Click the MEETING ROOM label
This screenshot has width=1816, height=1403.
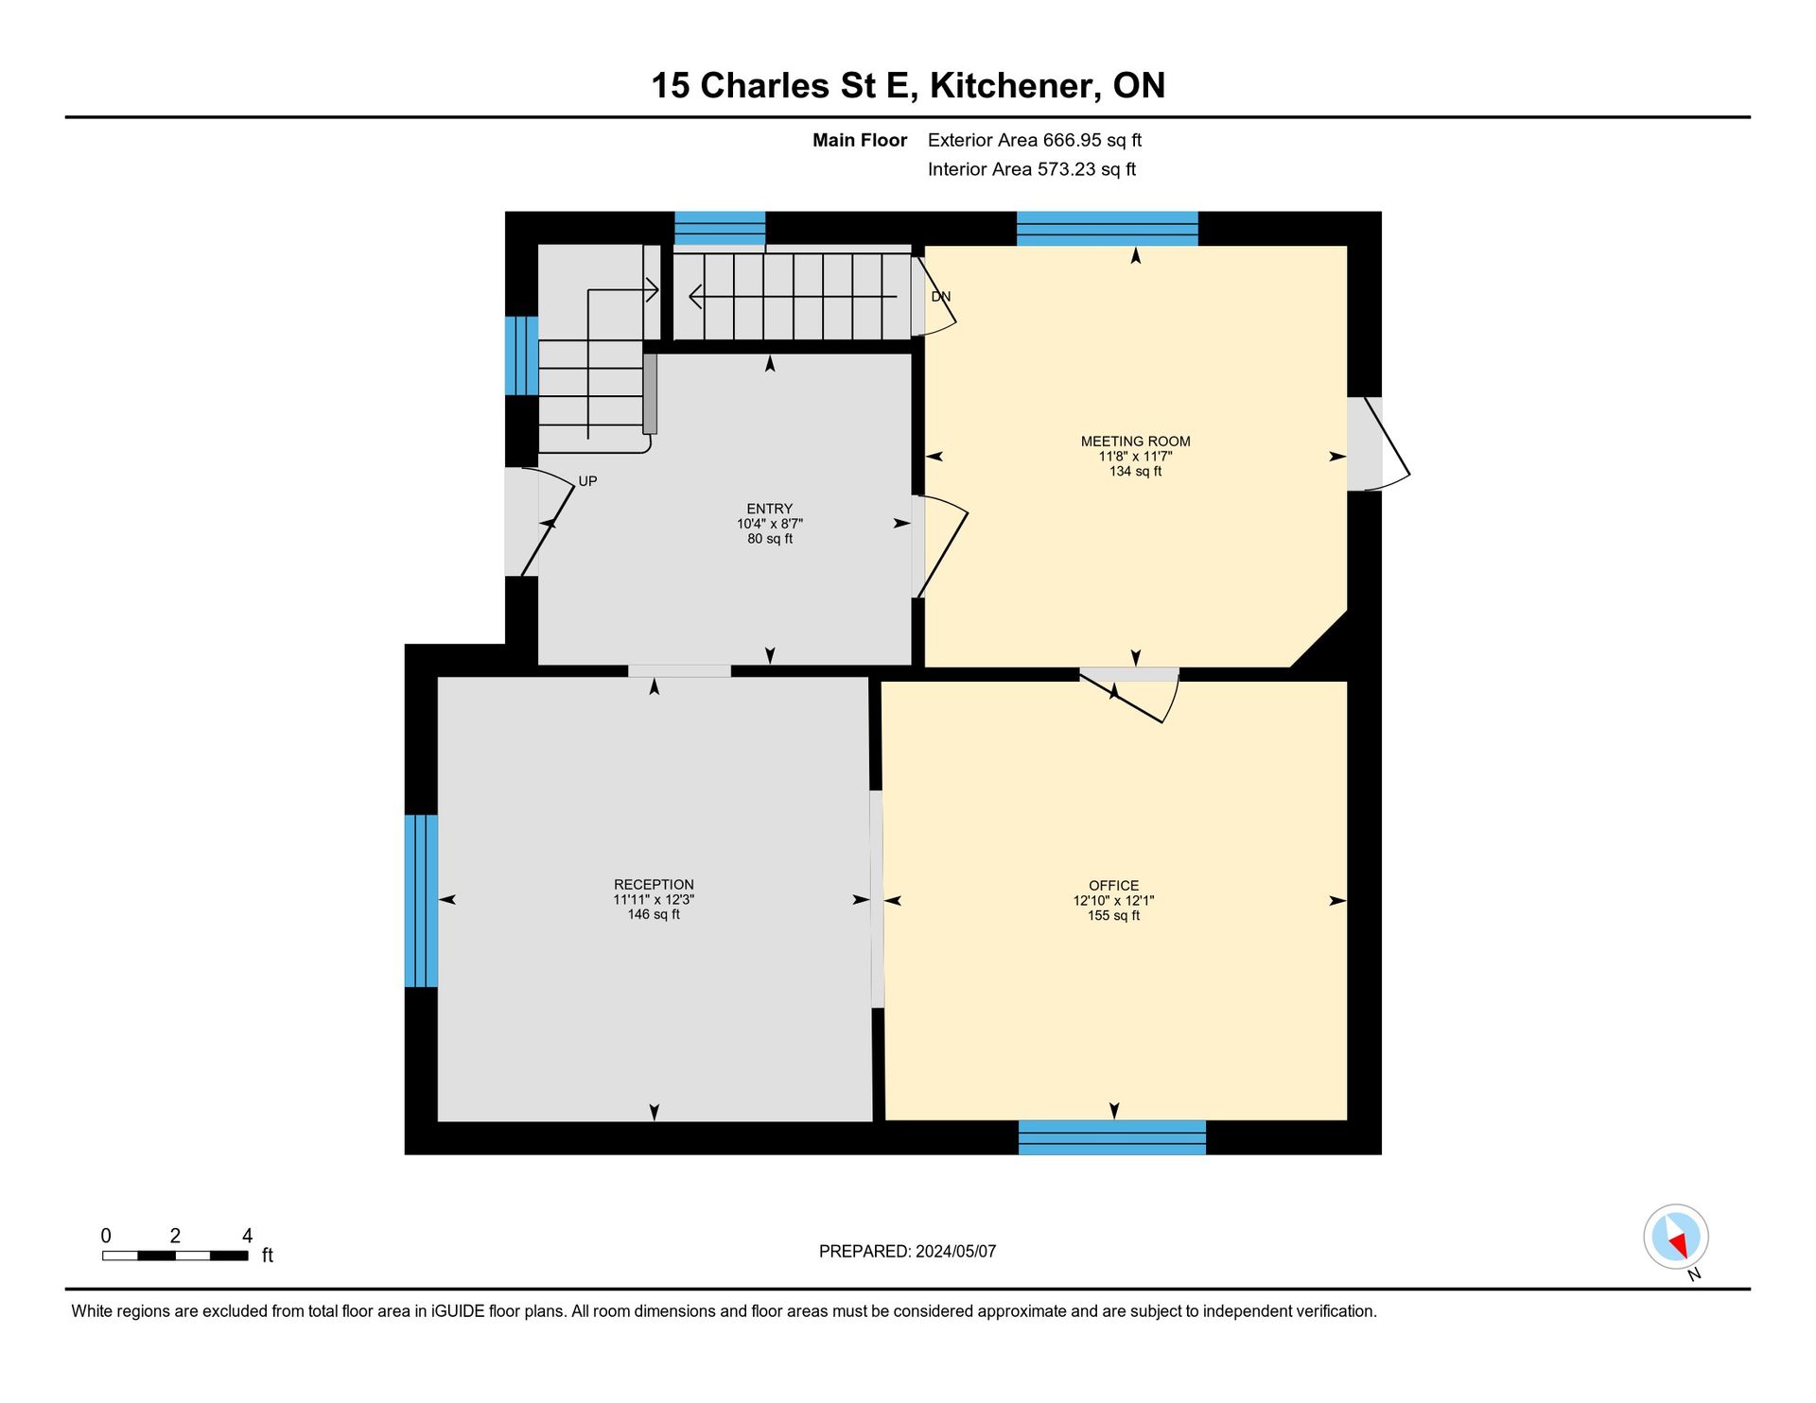1135,442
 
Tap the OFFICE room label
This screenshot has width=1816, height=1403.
1113,886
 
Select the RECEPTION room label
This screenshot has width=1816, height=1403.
654,885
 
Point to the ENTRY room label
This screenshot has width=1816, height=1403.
769,509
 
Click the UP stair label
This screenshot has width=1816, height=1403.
587,481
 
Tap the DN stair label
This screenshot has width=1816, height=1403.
940,297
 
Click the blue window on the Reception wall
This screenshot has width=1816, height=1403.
421,901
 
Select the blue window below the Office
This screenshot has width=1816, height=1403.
1111,1137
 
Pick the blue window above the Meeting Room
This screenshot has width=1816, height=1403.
1107,229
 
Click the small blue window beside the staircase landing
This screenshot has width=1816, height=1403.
521,355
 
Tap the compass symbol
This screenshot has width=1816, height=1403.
1676,1237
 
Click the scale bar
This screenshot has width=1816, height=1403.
175,1256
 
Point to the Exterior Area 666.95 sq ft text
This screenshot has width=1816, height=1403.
1035,140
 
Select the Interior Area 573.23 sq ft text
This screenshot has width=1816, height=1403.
1032,169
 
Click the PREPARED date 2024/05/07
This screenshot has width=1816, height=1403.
955,1251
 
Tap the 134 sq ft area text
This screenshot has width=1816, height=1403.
1135,471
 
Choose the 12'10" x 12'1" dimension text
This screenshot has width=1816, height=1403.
1113,901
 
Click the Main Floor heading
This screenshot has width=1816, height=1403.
860,140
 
